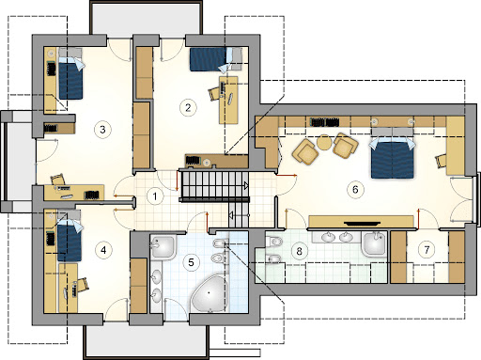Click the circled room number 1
pyautogui.click(x=155, y=196)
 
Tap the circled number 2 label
pyautogui.click(x=188, y=108)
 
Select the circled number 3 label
pyautogui.click(x=102, y=130)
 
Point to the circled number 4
pyautogui.click(x=103, y=250)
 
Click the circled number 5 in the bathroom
pyautogui.click(x=192, y=262)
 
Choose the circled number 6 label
pyautogui.click(x=355, y=189)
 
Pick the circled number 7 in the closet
pyautogui.click(x=427, y=250)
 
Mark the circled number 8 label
pyautogui.click(x=299, y=251)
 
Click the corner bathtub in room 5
pyautogui.click(x=209, y=293)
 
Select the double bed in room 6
pyautogui.click(x=393, y=155)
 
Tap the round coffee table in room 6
pyautogui.click(x=324, y=142)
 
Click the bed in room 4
pyautogui.click(x=70, y=236)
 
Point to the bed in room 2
pyautogui.click(x=216, y=59)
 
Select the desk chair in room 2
pyautogui.click(x=215, y=94)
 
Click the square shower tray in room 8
pyautogui.click(x=374, y=243)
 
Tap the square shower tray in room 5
pyautogui.click(x=163, y=247)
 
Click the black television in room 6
pyautogui.click(x=363, y=224)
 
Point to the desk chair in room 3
pyautogui.click(x=58, y=180)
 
